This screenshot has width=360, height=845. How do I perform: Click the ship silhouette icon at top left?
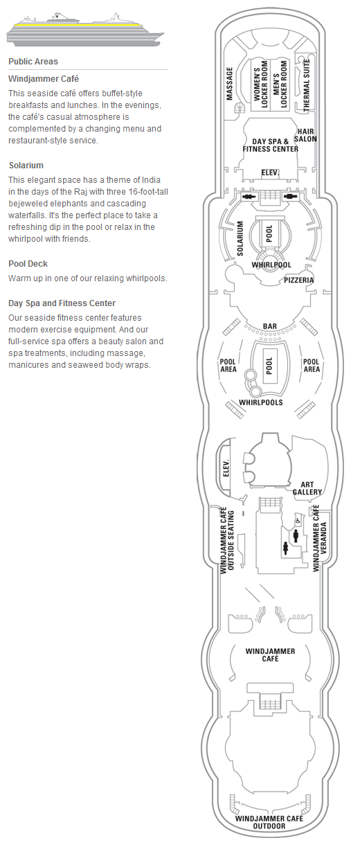point(85,31)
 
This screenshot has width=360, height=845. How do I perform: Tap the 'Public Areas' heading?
point(33,62)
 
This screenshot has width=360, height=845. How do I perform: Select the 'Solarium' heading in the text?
point(26,166)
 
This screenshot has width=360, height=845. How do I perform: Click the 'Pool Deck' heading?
point(28,264)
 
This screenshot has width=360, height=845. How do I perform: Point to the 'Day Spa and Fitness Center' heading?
point(62,303)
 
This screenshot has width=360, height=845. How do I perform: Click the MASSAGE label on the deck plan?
point(229,84)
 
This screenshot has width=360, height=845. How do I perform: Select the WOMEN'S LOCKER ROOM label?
point(260,84)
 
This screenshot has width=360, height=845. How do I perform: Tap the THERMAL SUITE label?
point(307,85)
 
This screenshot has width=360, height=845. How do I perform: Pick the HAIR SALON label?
point(305,135)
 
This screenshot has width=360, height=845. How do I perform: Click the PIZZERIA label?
point(298,280)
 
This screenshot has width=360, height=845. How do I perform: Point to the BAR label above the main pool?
point(270,326)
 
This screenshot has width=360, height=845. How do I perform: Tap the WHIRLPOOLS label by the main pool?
point(261,402)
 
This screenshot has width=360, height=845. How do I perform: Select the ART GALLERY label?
point(307,488)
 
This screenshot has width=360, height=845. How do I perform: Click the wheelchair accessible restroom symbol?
point(298,522)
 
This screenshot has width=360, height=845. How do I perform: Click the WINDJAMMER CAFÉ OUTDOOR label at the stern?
point(269,822)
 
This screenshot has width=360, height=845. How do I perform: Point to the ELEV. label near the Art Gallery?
point(226,468)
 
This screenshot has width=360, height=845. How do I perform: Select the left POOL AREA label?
point(228,365)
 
